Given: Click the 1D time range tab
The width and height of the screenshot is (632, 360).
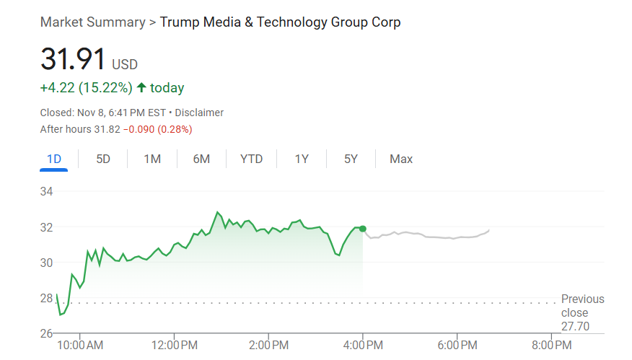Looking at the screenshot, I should [x=53, y=159].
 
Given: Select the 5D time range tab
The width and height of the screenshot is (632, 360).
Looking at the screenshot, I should [x=103, y=159].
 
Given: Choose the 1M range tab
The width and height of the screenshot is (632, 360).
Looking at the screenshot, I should [x=152, y=159].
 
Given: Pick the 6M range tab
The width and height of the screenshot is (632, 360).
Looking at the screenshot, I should [x=201, y=159].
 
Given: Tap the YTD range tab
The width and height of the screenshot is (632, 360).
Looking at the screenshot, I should [x=251, y=159].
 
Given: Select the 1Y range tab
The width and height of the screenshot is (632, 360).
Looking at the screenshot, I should [x=302, y=159].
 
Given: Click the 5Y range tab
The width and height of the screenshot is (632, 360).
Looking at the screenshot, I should [x=351, y=159].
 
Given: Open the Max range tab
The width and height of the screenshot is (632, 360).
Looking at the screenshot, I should [x=401, y=159].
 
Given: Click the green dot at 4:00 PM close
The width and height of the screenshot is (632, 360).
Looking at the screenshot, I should [x=362, y=229].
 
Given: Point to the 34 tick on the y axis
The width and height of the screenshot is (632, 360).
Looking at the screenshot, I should [x=48, y=192].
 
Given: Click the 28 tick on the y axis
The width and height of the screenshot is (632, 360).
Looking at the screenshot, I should [x=48, y=298].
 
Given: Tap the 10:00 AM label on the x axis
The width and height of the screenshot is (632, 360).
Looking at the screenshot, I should [x=80, y=346].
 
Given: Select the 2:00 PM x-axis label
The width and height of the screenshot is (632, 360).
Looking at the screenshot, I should [x=269, y=346].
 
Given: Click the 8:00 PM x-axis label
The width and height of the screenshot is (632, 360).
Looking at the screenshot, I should [x=552, y=346].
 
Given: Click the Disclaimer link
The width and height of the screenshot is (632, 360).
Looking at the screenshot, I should [x=199, y=113].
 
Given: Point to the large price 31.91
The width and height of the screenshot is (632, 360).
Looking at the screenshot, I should [x=73, y=59].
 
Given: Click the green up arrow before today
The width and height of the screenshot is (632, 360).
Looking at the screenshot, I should [x=141, y=88].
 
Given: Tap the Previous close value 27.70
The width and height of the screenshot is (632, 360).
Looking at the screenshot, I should [x=574, y=327].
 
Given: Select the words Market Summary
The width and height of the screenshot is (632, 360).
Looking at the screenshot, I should [x=92, y=22].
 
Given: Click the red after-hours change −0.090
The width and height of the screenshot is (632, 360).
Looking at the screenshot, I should [x=139, y=129].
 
